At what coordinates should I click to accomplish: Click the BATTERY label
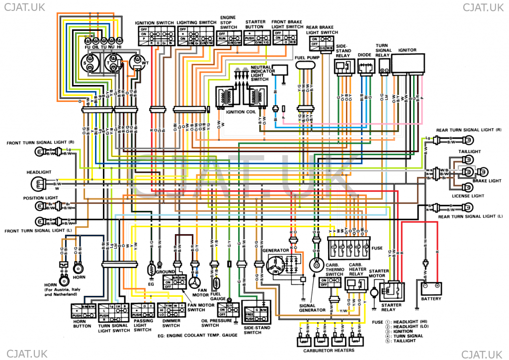(x=430, y=299)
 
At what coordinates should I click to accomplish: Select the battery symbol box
(x=430, y=287)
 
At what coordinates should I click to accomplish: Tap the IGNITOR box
(x=410, y=64)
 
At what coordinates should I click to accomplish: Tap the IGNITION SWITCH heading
(x=154, y=23)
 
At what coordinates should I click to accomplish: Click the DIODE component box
(x=365, y=66)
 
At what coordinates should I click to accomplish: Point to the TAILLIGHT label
(x=470, y=151)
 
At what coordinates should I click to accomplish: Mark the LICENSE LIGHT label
(x=467, y=196)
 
